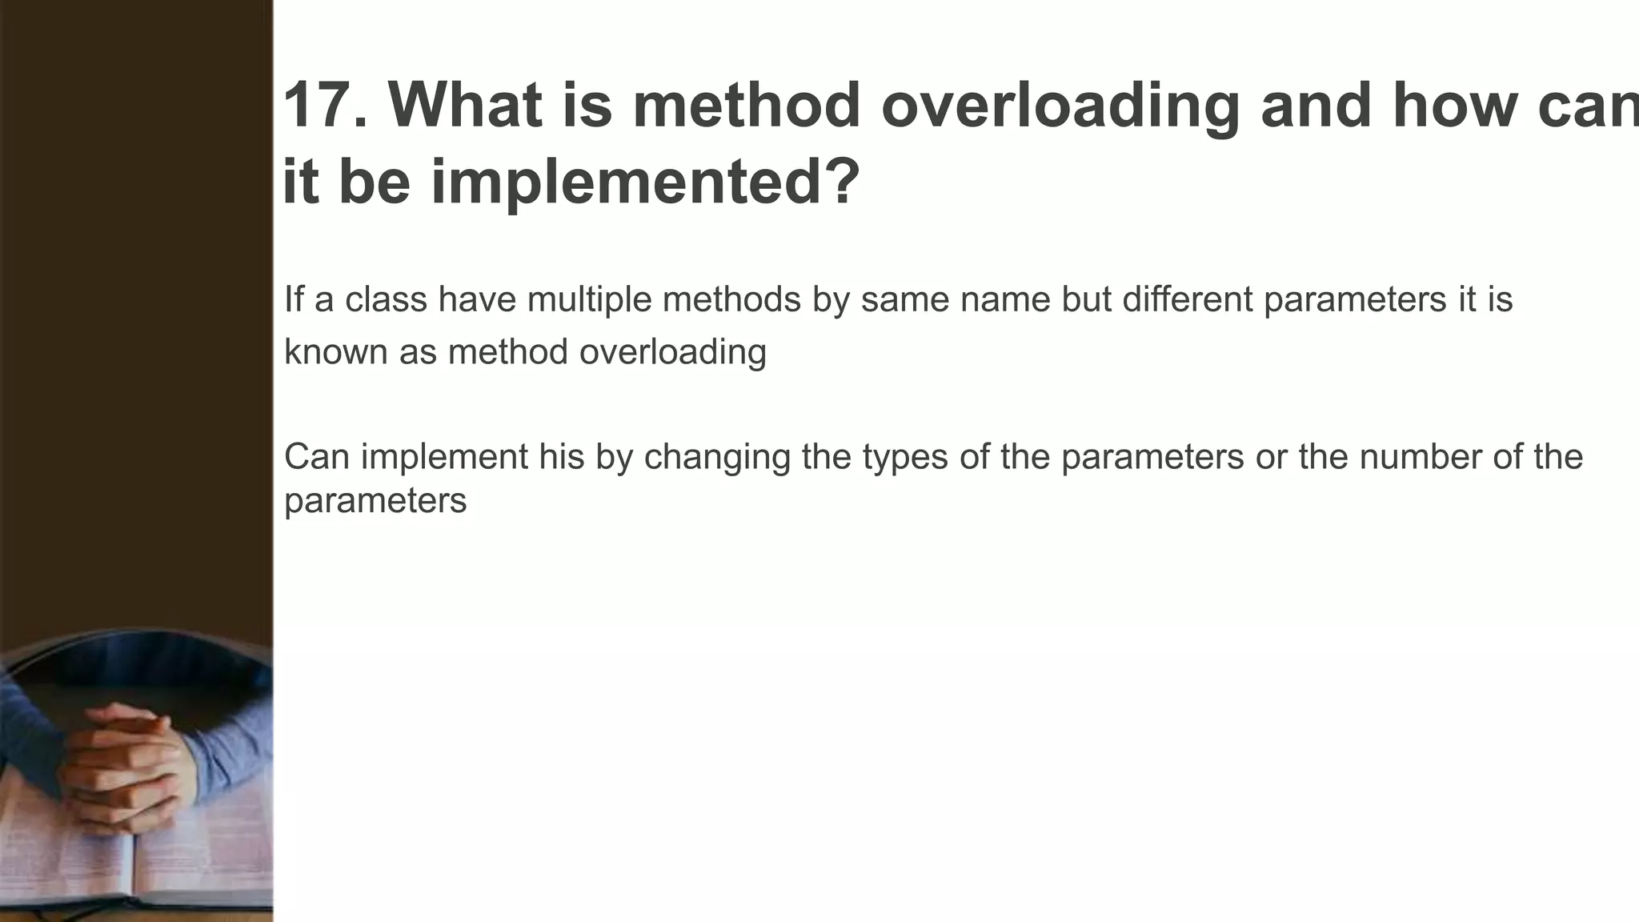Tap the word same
click(904, 299)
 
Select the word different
click(1187, 299)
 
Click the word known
click(335, 352)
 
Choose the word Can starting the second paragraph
click(317, 457)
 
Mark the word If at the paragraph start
click(294, 299)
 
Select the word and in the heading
click(1316, 106)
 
